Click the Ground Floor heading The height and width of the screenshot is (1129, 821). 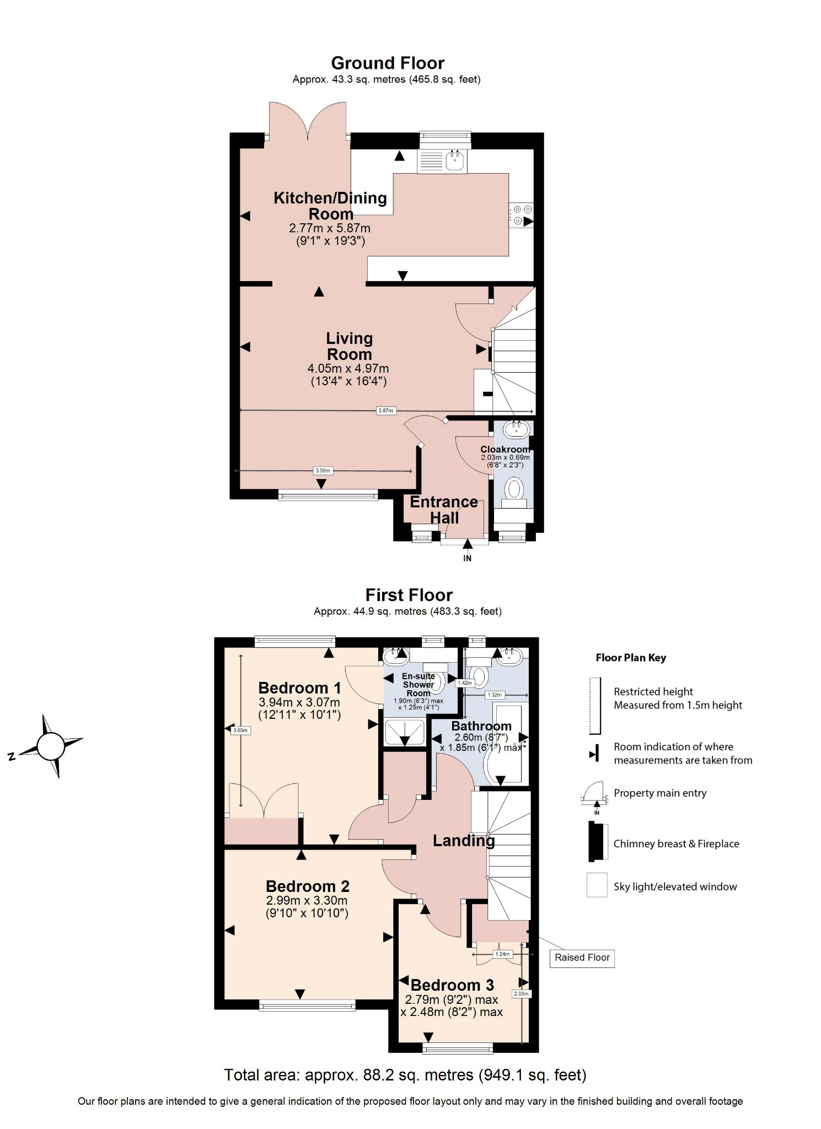point(387,63)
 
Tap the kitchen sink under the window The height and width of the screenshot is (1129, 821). point(455,160)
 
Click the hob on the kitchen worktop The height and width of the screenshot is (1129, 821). point(520,215)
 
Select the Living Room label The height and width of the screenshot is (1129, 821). point(349,346)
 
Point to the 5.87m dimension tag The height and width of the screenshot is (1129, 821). point(386,411)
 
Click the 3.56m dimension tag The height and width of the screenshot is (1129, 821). point(323,471)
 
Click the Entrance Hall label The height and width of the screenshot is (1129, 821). point(444,509)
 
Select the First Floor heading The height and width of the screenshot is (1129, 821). point(409,595)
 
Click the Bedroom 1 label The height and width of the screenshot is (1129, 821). point(299,688)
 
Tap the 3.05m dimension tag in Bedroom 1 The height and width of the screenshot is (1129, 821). point(240,730)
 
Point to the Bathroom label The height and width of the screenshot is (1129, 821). point(481,726)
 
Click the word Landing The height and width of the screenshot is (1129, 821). point(463,841)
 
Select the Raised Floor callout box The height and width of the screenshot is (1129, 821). point(582,958)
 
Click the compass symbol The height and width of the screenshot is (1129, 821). point(51,746)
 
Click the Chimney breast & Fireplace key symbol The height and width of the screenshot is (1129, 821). point(598,841)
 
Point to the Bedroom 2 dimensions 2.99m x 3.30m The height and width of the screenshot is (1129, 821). point(307,900)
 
